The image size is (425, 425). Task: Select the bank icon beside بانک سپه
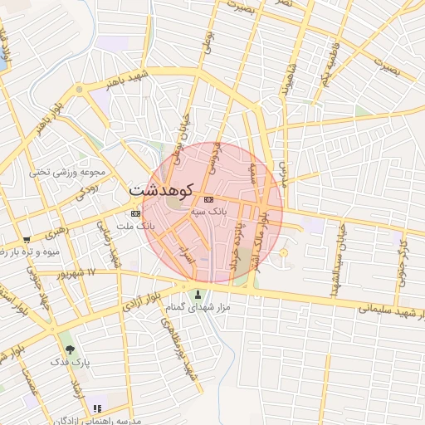[x=208, y=199]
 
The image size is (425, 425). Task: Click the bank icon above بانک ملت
[x=135, y=213]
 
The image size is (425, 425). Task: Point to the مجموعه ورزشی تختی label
[x=69, y=173]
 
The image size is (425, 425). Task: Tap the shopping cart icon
[x=27, y=239]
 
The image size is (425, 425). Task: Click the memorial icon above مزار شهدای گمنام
[x=198, y=295]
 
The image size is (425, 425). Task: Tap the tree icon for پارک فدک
[x=69, y=349]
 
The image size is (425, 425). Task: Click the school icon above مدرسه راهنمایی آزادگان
[x=97, y=408]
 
